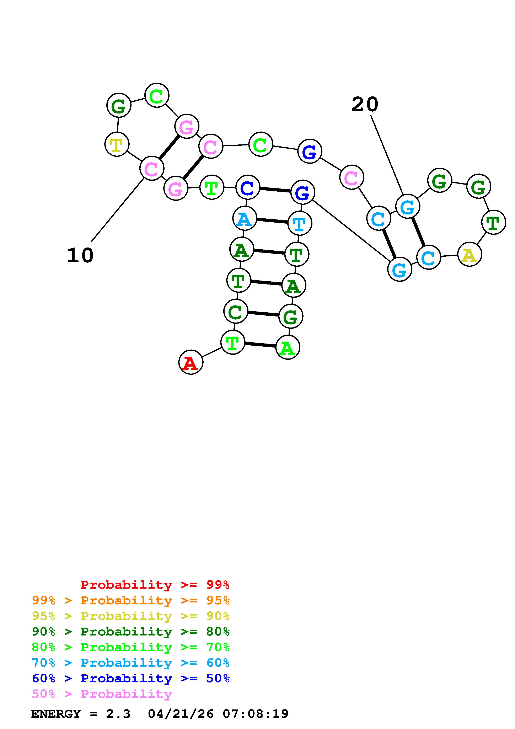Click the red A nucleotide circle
click(191, 362)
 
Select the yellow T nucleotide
click(117, 144)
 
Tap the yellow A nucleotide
click(470, 254)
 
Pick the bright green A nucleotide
click(288, 347)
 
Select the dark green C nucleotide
click(235, 312)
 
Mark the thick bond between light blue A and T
click(272, 221)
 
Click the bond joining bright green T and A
click(260, 345)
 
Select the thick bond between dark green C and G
click(263, 314)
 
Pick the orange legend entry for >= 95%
click(131, 600)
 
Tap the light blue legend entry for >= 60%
click(131, 663)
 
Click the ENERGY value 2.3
click(118, 714)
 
